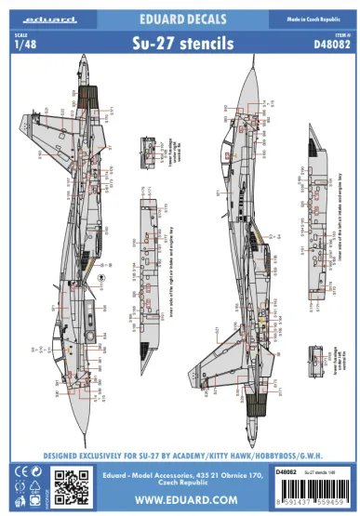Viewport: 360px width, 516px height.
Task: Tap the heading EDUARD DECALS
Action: [x=180, y=17]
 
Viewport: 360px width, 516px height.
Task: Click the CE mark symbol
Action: [x=16, y=470]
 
